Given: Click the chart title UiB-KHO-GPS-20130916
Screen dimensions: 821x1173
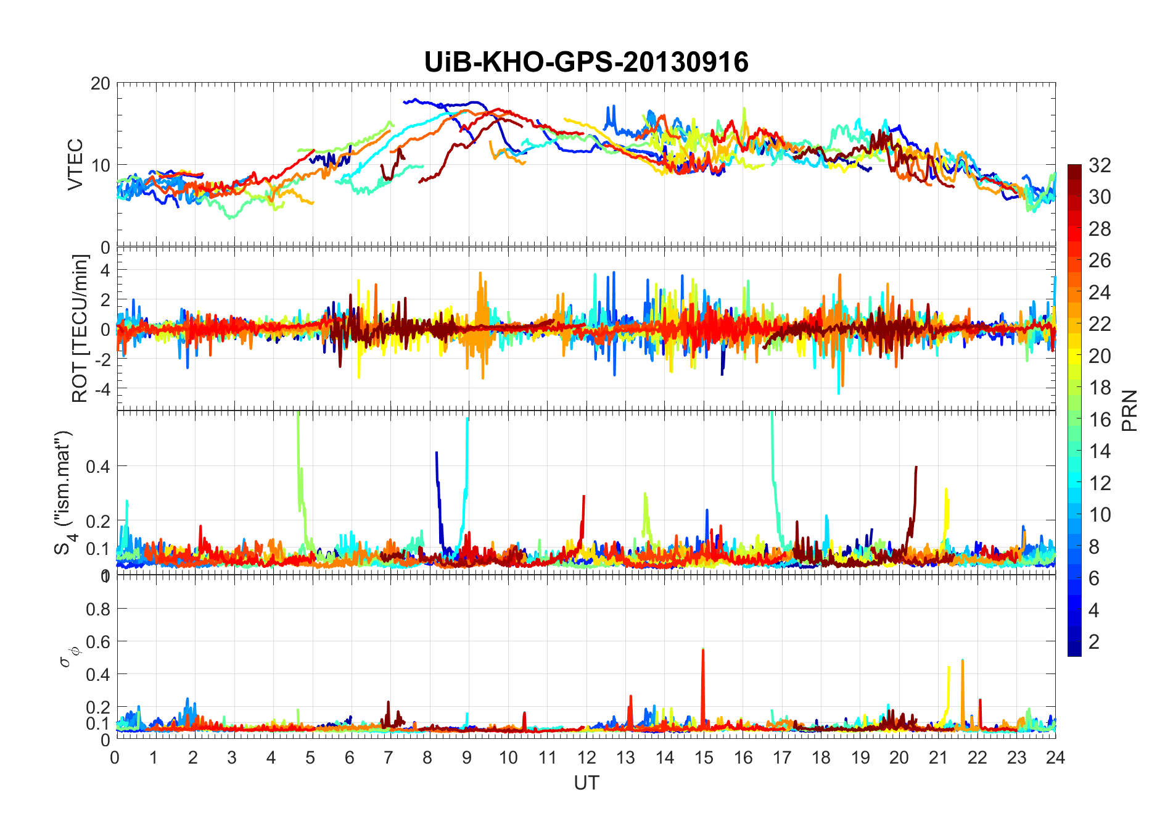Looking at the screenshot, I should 586,62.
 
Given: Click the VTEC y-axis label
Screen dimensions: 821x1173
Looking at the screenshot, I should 75,164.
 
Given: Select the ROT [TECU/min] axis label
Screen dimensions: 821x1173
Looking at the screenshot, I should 80,328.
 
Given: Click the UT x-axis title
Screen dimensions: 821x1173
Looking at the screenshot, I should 586,783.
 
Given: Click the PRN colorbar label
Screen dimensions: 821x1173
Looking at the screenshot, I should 1130,410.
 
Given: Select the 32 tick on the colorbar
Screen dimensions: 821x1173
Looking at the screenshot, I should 1100,165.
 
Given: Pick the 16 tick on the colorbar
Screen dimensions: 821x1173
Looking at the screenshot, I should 1100,420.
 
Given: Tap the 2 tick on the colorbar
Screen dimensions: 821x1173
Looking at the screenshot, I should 1094,642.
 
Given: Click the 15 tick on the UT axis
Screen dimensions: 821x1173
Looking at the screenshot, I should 704,757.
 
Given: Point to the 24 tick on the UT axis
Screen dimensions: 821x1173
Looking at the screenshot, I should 1055,757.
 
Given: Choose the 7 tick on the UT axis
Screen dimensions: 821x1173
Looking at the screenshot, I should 388,757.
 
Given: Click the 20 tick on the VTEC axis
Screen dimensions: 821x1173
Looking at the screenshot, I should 101,83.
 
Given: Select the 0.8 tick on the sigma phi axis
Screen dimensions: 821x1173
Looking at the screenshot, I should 98,609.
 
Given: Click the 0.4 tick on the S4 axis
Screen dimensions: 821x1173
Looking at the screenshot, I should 98,466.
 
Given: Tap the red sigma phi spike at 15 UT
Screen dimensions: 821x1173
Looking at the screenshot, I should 703,667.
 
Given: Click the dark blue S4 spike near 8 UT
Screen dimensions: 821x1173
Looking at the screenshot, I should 437,469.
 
